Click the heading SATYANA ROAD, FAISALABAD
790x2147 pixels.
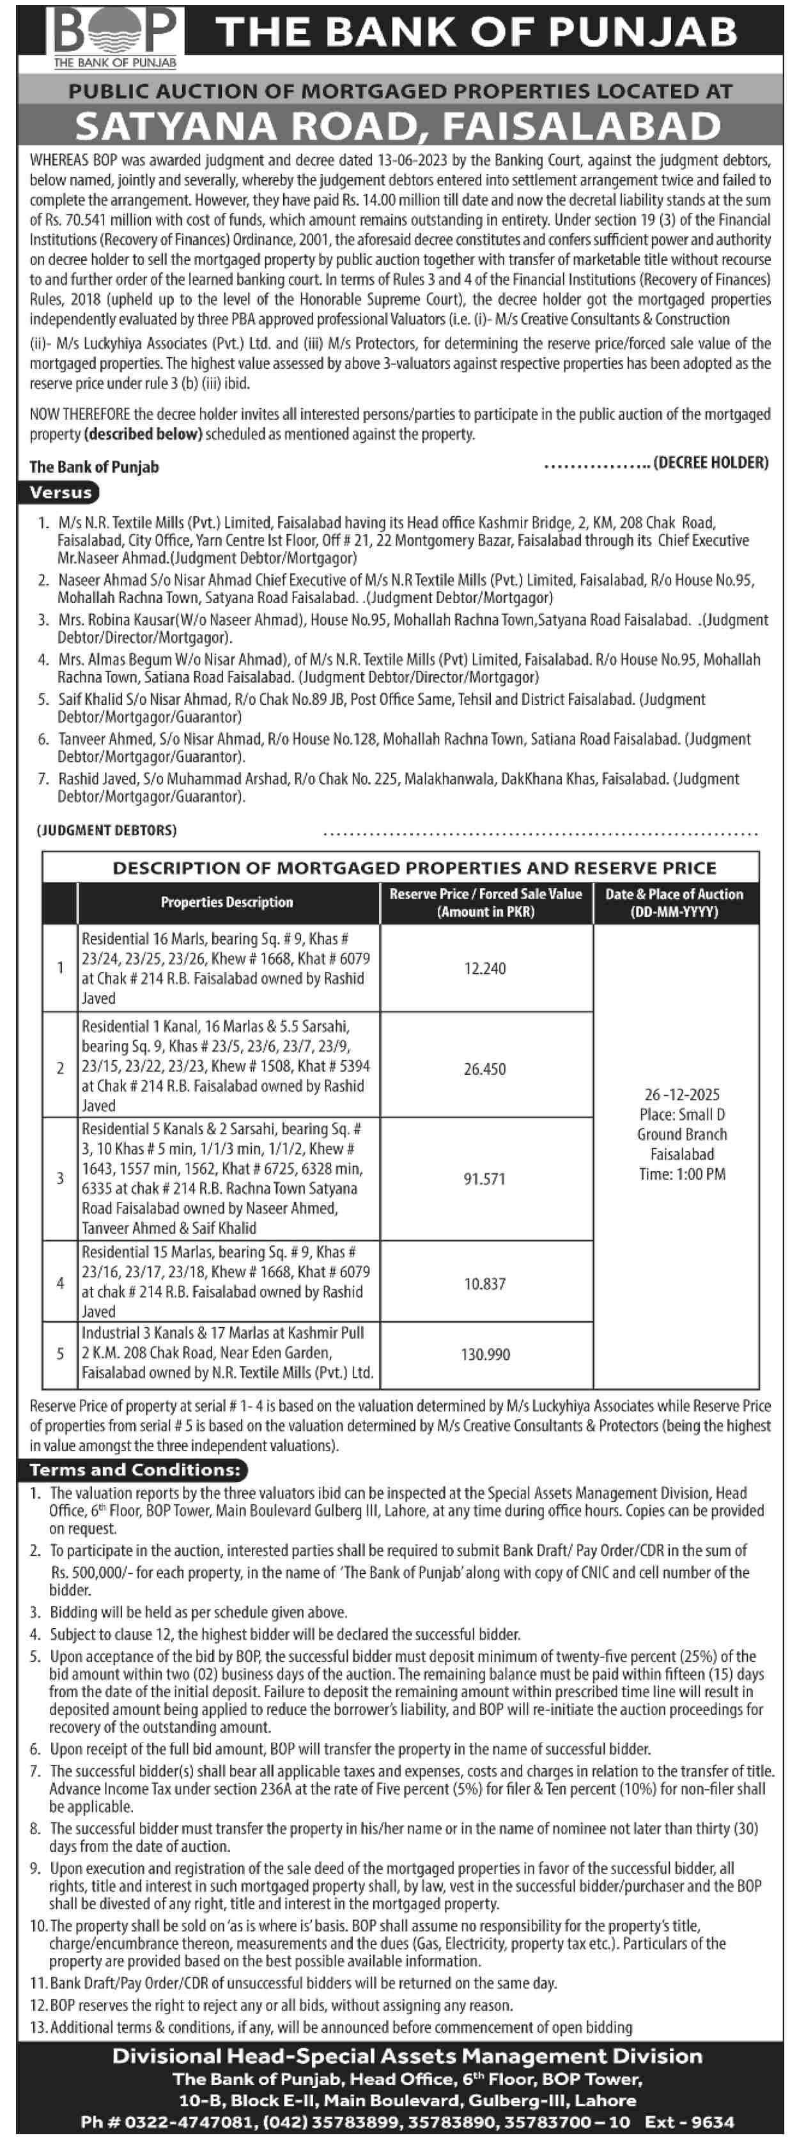(x=398, y=127)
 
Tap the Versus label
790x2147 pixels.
(x=60, y=493)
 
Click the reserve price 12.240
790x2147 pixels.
(x=485, y=969)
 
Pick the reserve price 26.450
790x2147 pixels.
(x=484, y=1068)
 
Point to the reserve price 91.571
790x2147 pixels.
(x=484, y=1178)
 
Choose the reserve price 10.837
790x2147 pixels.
(x=485, y=1284)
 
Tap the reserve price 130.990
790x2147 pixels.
(x=485, y=1355)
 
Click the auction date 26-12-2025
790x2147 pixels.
(x=682, y=1095)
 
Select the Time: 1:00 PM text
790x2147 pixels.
(x=682, y=1174)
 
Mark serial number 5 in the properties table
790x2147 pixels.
(x=60, y=1353)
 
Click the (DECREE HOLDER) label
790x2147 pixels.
(x=711, y=463)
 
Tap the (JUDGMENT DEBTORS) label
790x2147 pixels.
(x=106, y=830)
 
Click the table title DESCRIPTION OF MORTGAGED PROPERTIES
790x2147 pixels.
(x=414, y=868)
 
